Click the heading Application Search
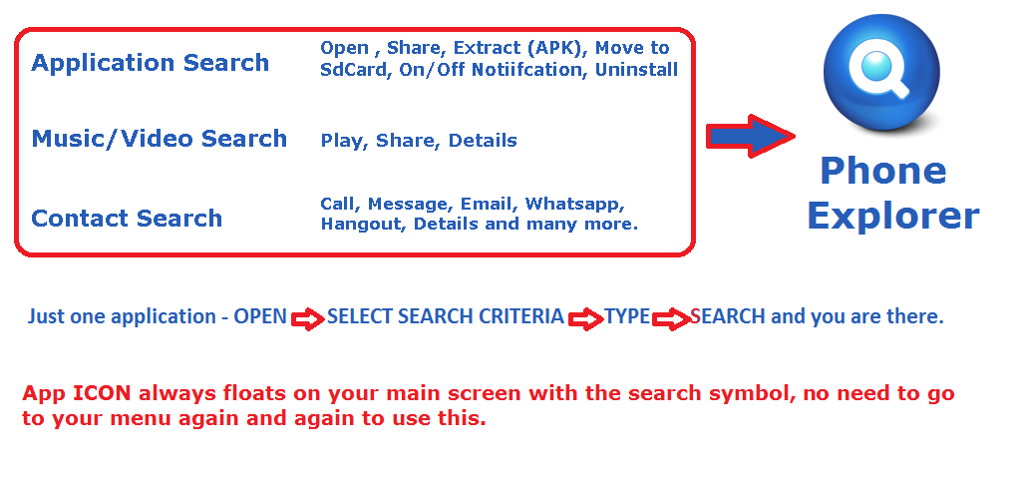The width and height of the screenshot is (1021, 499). point(151,63)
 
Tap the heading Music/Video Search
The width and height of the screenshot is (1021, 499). point(160,139)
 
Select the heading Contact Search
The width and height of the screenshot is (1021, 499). point(127,219)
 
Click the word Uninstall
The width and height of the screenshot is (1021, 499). point(636,70)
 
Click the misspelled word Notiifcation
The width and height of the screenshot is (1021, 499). point(526,70)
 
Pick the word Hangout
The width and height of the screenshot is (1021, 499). point(363,225)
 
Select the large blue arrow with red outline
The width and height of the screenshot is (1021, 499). point(750,136)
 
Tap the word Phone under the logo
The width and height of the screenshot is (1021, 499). point(883,171)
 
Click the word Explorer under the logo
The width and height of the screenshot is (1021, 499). point(893,216)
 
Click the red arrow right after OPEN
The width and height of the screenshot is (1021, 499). point(307,319)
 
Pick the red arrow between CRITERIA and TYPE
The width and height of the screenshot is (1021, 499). point(585,319)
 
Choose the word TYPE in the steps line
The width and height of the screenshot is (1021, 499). point(627,316)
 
